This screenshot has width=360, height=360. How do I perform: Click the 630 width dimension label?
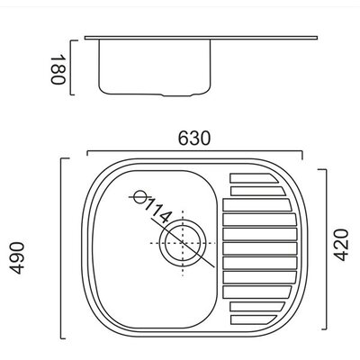pyautogui.click(x=194, y=139)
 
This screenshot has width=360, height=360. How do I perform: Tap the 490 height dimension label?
pyautogui.click(x=17, y=258)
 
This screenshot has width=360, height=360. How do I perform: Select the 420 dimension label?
pyautogui.click(x=341, y=245)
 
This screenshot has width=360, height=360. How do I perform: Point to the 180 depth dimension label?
pyautogui.click(x=58, y=69)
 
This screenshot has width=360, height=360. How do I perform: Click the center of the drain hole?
pyautogui.click(x=183, y=243)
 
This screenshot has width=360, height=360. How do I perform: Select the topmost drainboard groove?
pyautogui.click(x=254, y=178)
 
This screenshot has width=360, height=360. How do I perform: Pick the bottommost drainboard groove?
pyautogui.click(x=254, y=319)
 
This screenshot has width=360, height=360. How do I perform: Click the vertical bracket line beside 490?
pyautogui.click(x=61, y=248)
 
